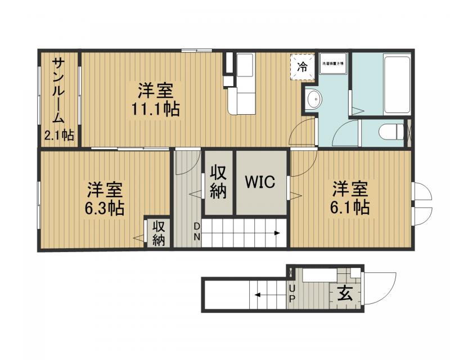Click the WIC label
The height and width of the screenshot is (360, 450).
[x=259, y=182]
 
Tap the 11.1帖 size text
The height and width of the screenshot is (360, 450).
[x=156, y=109]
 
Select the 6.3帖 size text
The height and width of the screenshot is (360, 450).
[x=105, y=208]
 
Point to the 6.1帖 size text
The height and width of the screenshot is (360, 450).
[x=350, y=207]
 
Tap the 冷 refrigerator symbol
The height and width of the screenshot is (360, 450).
[x=303, y=67]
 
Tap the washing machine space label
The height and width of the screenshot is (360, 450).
[x=333, y=65]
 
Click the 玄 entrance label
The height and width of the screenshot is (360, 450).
[x=345, y=294]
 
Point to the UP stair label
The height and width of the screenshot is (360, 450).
[x=291, y=293]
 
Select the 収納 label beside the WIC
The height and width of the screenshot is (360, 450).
[x=218, y=182]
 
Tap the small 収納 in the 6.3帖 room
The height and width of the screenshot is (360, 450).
[x=159, y=233]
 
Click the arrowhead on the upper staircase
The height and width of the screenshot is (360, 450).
[x=277, y=232]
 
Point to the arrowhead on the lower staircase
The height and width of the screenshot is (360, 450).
[x=256, y=294]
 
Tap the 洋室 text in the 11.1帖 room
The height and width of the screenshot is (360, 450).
[x=156, y=90]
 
